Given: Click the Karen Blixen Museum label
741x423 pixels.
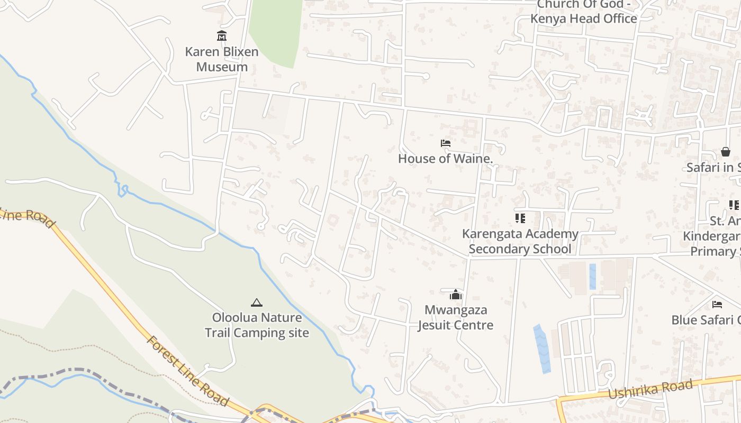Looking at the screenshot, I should point(222,59).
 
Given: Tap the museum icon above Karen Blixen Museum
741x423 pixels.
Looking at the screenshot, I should point(222,36).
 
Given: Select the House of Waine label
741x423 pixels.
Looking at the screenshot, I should point(445,158).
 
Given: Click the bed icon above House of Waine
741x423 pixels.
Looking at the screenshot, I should point(445,143).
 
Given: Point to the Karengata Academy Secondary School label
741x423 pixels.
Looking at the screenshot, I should point(520,241).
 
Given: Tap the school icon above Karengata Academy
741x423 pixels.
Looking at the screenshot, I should point(520,218).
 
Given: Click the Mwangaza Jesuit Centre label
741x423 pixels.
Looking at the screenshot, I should point(456,317).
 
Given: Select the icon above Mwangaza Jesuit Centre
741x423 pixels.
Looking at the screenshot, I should point(456,295).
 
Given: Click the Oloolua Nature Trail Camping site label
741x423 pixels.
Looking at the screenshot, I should point(257,325).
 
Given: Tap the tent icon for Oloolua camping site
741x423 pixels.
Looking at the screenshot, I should point(257,302).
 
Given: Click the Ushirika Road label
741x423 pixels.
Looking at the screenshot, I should point(650,390).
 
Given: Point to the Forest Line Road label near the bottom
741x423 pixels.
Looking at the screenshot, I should point(188,371).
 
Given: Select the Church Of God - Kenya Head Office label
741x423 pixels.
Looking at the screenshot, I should point(584,12).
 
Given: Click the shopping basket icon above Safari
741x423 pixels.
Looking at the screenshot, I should point(726,152).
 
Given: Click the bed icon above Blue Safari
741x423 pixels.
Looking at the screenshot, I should point(717,304).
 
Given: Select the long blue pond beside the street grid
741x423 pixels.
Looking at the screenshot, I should point(542,348).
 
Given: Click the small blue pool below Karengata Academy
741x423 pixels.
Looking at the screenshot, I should point(592,276).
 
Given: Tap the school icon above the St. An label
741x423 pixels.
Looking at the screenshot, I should point(734,205).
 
